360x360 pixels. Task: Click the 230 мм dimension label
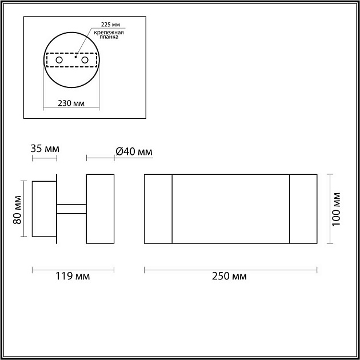[x=72, y=103]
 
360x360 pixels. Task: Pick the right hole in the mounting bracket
[x=85, y=59]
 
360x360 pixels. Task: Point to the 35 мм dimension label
[x=45, y=149]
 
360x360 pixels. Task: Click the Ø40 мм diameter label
[x=134, y=151]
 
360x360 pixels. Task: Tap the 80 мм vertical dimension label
[x=17, y=210]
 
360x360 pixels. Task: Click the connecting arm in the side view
[x=71, y=209]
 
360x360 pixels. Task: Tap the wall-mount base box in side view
[x=43, y=209]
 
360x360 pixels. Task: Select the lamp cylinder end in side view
[x=100, y=209]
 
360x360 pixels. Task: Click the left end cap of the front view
[x=158, y=209]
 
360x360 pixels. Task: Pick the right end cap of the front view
[x=303, y=209]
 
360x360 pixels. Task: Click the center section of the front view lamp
[x=230, y=209]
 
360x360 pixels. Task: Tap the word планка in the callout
[x=109, y=38]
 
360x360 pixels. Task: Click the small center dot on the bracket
[x=75, y=57]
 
